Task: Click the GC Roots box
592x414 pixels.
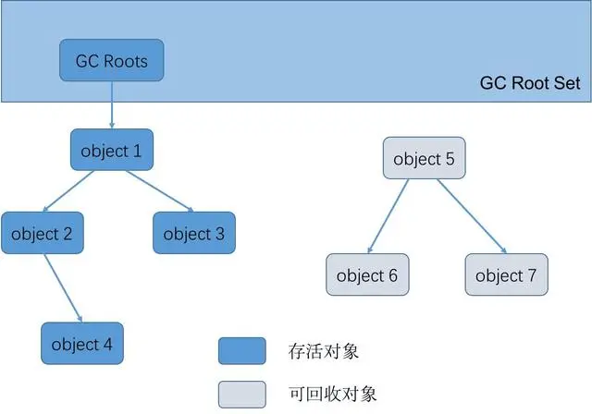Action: (x=112, y=61)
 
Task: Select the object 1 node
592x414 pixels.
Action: (x=111, y=150)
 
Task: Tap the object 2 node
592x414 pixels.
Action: (x=42, y=233)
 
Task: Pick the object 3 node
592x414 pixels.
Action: (x=193, y=233)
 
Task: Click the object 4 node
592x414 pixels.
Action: (x=82, y=344)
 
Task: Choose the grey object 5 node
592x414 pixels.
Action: (x=424, y=158)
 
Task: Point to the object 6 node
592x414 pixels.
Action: (x=366, y=275)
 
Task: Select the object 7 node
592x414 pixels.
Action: (x=505, y=275)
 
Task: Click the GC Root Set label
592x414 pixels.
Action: (x=530, y=83)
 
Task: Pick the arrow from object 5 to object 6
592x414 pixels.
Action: (x=389, y=216)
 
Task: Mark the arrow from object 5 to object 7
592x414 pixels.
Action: (x=472, y=216)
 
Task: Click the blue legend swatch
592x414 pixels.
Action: (x=241, y=351)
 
